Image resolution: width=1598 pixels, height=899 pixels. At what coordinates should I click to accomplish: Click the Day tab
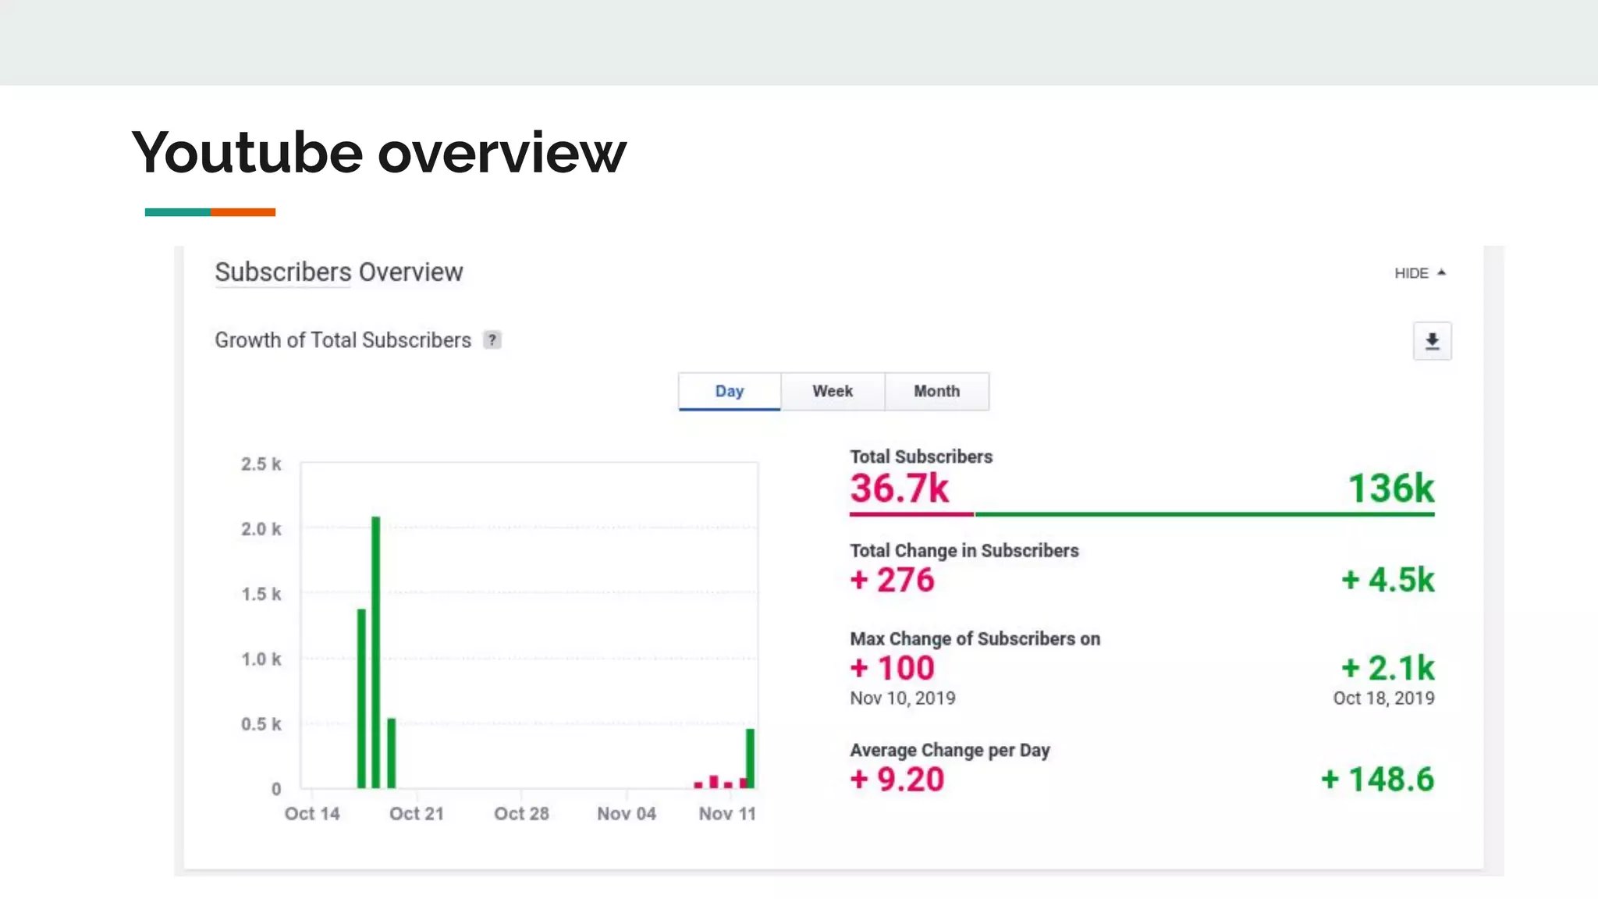coord(730,391)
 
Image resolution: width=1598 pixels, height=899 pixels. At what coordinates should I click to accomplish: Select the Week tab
coord(833,391)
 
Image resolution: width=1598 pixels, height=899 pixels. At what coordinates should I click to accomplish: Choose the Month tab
coord(936,391)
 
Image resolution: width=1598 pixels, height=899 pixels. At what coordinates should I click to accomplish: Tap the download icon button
coord(1432,341)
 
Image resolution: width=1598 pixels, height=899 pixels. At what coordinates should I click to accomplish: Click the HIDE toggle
coord(1419,273)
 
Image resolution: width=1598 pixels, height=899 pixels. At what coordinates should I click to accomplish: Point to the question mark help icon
coord(492,340)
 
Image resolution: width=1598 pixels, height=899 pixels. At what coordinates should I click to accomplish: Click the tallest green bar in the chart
coord(376,652)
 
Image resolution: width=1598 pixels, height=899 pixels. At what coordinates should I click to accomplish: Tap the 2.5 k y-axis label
coord(261,464)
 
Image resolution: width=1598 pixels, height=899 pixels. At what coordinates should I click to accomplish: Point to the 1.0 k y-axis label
coord(261,659)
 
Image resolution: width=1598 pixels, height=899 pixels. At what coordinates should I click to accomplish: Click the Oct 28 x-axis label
coord(521,814)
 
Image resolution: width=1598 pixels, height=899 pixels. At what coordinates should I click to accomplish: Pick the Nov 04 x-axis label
coord(627,814)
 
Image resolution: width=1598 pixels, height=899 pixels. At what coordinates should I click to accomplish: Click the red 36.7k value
coord(899,489)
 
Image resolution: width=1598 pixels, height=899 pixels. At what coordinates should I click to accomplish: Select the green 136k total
coord(1390,489)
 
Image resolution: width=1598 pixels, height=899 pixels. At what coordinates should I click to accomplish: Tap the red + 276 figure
coord(892,580)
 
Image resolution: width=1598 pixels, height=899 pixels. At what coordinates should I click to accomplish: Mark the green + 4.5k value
coord(1387,580)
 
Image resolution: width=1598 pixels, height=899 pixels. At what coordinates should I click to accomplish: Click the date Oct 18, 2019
coord(1383,698)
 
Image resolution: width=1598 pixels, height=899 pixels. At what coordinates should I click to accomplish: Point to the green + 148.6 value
coord(1377,780)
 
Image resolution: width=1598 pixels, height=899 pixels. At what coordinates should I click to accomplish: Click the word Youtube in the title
coord(247,152)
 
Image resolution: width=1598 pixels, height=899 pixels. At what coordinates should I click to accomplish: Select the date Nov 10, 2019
coord(903,698)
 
